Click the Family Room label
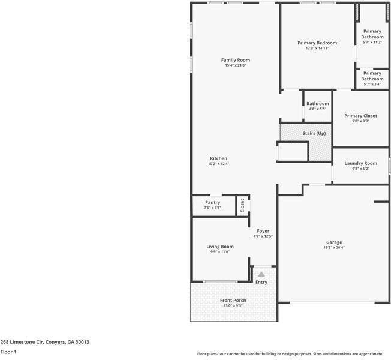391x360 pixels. pyautogui.click(x=235, y=60)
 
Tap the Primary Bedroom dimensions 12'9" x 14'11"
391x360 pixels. pyautogui.click(x=317, y=48)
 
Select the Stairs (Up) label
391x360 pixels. pyautogui.click(x=313, y=133)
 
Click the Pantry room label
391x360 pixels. pyautogui.click(x=212, y=203)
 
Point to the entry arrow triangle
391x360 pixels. pyautogui.click(x=261, y=274)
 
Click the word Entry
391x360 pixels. pyautogui.click(x=261, y=282)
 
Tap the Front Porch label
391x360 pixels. pyautogui.click(x=233, y=300)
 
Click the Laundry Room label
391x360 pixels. pyautogui.click(x=360, y=163)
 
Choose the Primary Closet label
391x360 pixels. pyautogui.click(x=360, y=115)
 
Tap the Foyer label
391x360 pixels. pyautogui.click(x=263, y=231)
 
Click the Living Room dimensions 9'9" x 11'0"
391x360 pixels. pyautogui.click(x=220, y=252)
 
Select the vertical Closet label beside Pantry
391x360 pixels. pyautogui.click(x=242, y=206)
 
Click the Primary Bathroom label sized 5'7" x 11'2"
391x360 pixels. pyautogui.click(x=372, y=34)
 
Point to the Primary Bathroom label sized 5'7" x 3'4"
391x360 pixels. pyautogui.click(x=372, y=76)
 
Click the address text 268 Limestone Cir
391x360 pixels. pyautogui.click(x=44, y=341)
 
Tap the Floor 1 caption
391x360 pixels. pyautogui.click(x=8, y=352)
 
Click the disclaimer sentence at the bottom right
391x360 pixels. pyautogui.click(x=290, y=354)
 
